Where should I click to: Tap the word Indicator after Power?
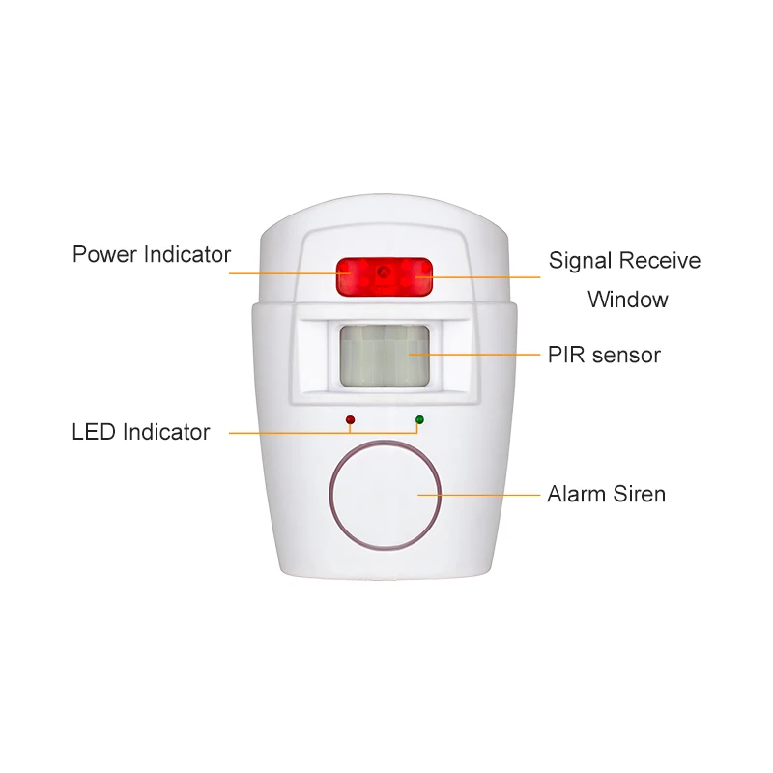pyautogui.click(x=187, y=255)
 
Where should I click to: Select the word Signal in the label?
pyautogui.click(x=581, y=261)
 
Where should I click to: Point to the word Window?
pyautogui.click(x=627, y=300)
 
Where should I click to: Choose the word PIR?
pyautogui.click(x=566, y=355)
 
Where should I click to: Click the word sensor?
pyautogui.click(x=626, y=355)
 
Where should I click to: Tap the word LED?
pyautogui.click(x=95, y=432)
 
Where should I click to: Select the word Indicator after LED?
pyautogui.click(x=166, y=432)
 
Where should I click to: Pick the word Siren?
pyautogui.click(x=639, y=495)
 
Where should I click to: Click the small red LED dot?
pyautogui.click(x=350, y=420)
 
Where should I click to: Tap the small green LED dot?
pyautogui.click(x=419, y=420)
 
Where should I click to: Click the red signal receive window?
pyautogui.click(x=384, y=276)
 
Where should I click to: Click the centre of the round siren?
pyautogui.click(x=385, y=496)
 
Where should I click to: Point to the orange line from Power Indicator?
pyautogui.click(x=280, y=274)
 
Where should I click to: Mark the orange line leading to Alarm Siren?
pyautogui.click(x=483, y=495)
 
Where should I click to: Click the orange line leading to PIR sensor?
pyautogui.click(x=483, y=355)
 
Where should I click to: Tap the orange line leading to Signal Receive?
pyautogui.click(x=483, y=277)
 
